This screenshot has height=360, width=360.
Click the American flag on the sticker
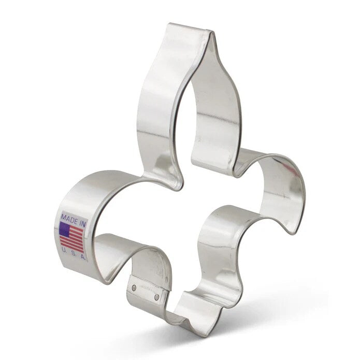tap(72, 236)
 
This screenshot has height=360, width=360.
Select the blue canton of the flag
tap(65, 229)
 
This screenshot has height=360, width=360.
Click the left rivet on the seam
tap(135, 286)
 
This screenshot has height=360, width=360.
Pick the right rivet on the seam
tap(157, 297)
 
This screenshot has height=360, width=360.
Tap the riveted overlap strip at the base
tap(146, 291)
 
